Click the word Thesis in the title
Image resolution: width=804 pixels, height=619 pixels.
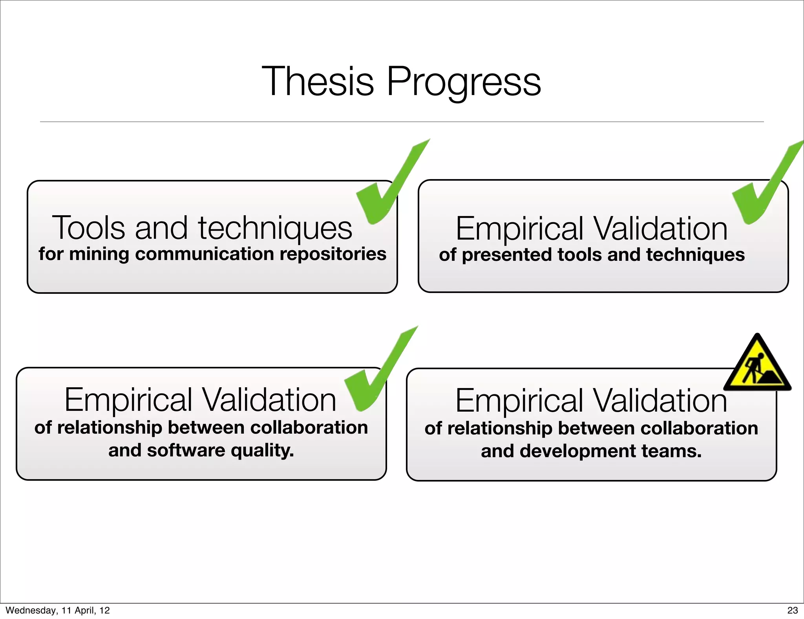pyautogui.click(x=318, y=81)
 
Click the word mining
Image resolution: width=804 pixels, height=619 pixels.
pyautogui.click(x=99, y=254)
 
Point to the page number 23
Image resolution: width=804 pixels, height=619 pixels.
pyautogui.click(x=792, y=610)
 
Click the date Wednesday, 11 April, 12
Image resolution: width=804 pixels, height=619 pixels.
pyautogui.click(x=58, y=610)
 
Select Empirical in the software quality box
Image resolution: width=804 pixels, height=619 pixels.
pyautogui.click(x=128, y=400)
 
